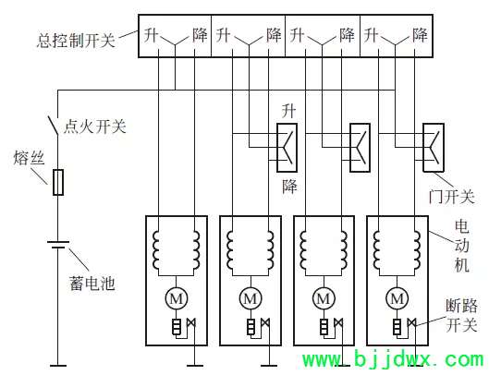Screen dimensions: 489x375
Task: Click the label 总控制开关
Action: click(76, 41)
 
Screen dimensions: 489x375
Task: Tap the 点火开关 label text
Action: click(95, 127)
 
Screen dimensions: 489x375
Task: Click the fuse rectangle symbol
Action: click(58, 182)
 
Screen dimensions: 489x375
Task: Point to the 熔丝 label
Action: click(29, 157)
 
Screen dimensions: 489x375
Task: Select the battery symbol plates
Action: click(58, 245)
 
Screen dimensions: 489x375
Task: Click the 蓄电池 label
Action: click(92, 284)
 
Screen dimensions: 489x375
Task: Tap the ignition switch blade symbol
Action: click(53, 126)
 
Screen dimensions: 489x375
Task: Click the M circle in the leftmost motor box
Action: click(177, 298)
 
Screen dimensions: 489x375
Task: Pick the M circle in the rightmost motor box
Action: click(397, 298)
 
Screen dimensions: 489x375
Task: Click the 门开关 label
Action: click(452, 197)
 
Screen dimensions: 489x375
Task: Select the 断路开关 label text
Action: click(461, 316)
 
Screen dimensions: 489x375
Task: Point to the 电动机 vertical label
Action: click(462, 246)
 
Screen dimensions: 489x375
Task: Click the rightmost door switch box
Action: click(434, 148)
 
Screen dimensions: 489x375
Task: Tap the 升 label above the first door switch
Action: click(288, 111)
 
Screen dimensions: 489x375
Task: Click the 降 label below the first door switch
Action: click(289, 187)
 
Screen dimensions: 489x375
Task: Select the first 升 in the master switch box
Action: click(152, 34)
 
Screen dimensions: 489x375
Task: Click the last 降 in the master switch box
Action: click(420, 34)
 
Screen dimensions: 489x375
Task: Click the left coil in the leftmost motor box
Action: click(156, 250)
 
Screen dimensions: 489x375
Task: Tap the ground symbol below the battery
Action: click(58, 366)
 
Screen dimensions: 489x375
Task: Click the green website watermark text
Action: click(393, 360)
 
